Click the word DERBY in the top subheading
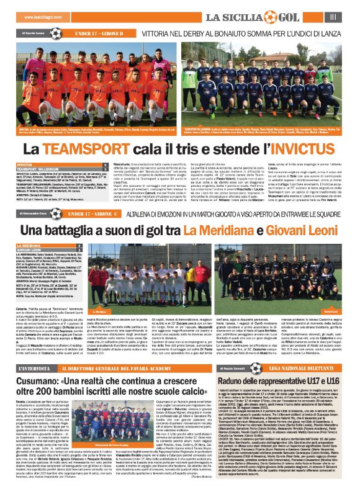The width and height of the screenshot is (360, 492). point(195,30)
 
